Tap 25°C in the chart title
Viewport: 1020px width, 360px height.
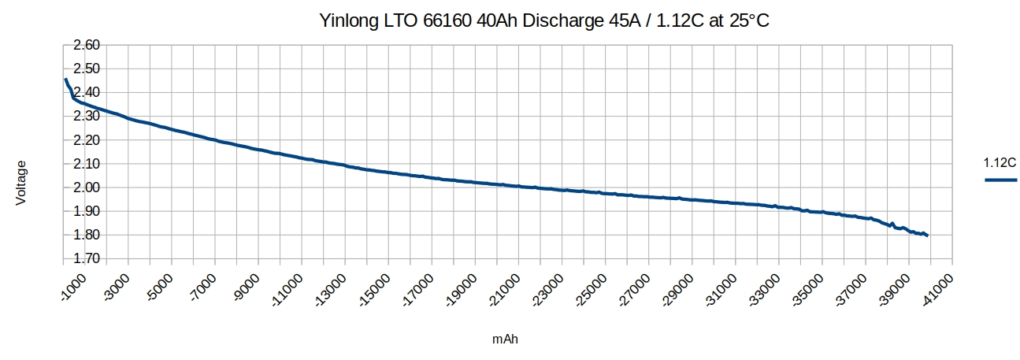click(746, 21)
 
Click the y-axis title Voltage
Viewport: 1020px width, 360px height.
click(21, 184)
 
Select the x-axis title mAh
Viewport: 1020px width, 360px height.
click(506, 340)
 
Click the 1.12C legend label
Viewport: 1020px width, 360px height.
click(1000, 163)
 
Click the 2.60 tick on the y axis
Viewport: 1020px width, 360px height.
click(86, 46)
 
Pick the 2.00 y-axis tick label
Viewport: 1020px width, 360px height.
click(86, 187)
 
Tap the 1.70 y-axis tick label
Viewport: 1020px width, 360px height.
click(86, 258)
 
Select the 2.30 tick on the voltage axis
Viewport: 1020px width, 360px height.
click(86, 117)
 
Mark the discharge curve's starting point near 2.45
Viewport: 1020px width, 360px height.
click(65, 80)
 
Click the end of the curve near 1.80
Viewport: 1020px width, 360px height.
click(927, 235)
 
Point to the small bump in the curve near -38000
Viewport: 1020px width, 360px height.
click(892, 224)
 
